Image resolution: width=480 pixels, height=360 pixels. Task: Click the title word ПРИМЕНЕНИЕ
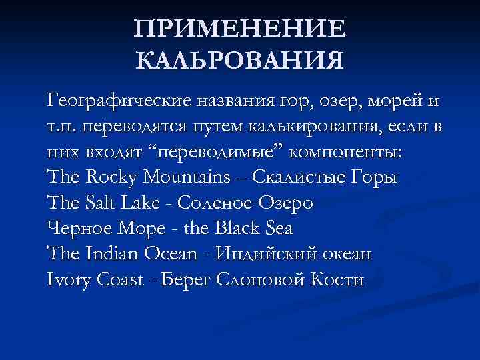(x=240, y=30)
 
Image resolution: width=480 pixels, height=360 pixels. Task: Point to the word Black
(x=238, y=228)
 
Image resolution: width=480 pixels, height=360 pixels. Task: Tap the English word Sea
(x=279, y=228)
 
